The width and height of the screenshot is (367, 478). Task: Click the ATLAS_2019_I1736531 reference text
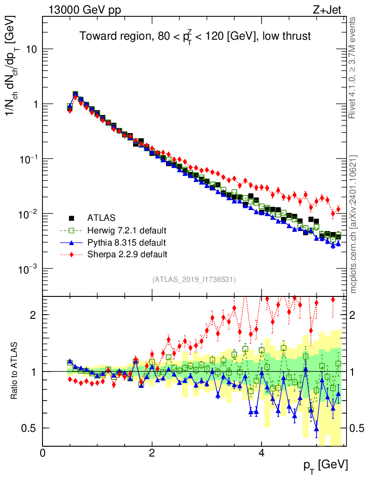tap(194, 280)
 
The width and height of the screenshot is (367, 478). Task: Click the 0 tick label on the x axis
tap(43, 453)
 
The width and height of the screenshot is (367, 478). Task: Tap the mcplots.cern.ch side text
tap(354, 224)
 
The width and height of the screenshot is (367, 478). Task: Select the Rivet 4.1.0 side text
tap(354, 68)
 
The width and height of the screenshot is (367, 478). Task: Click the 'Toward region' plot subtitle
tap(195, 36)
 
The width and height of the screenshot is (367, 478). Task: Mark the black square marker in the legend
tap(71, 218)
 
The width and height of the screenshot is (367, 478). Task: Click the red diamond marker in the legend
tap(71, 254)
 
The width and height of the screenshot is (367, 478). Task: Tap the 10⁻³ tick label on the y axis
tap(28, 269)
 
